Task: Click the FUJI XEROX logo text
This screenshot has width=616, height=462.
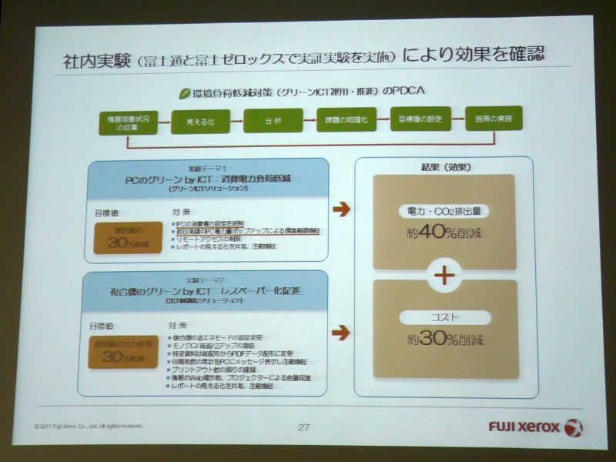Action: click(524, 427)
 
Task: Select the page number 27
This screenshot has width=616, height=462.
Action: click(305, 427)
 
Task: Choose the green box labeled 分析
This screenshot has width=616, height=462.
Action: click(273, 120)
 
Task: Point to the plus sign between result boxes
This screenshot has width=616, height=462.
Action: click(444, 274)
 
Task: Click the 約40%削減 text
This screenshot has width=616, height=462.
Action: click(444, 233)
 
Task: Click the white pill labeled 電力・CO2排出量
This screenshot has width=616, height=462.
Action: click(444, 210)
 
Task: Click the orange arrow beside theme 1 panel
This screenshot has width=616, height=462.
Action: click(341, 209)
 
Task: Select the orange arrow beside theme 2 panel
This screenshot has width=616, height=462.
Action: click(340, 333)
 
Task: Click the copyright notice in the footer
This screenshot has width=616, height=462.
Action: click(88, 425)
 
